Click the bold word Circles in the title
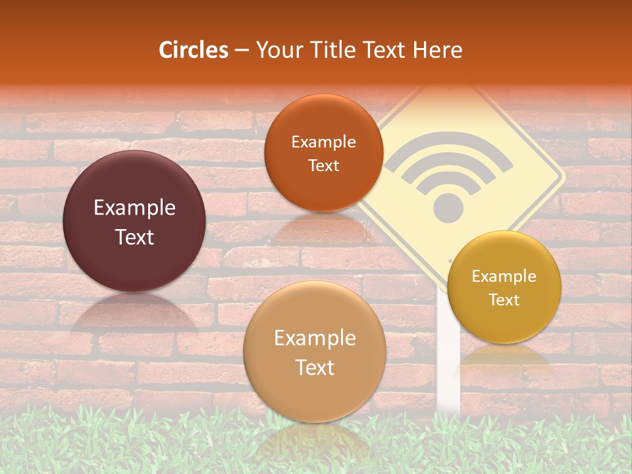pyautogui.click(x=193, y=49)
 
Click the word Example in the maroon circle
pyautogui.click(x=134, y=208)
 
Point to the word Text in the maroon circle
pyautogui.click(x=134, y=237)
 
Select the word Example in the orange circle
pyautogui.click(x=323, y=142)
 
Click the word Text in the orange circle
pyautogui.click(x=323, y=166)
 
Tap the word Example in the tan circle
pyautogui.click(x=315, y=338)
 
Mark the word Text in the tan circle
pyautogui.click(x=315, y=367)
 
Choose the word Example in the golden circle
pyautogui.click(x=504, y=276)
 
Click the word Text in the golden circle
pyautogui.click(x=504, y=300)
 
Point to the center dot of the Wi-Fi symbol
pyautogui.click(x=448, y=206)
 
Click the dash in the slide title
pyautogui.click(x=242, y=51)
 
